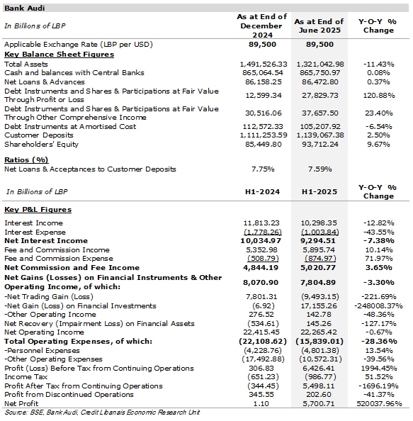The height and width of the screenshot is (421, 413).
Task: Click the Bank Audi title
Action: coord(24,8)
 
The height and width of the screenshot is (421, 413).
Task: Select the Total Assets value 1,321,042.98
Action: coord(320,64)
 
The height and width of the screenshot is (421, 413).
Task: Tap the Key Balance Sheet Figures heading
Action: coord(59,55)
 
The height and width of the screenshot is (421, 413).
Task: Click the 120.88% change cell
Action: coord(379,95)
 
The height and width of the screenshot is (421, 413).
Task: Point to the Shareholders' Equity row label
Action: coord(41,145)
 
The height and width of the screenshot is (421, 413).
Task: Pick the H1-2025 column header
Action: coord(319,191)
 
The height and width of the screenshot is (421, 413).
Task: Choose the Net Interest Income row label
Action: coord(46,240)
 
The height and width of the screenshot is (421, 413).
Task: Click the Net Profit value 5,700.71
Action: coord(319,403)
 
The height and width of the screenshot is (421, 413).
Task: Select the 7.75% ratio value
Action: coord(263,169)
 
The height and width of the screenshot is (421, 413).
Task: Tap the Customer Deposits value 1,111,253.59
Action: coord(264,135)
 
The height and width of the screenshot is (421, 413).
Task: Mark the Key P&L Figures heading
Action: coord(38,209)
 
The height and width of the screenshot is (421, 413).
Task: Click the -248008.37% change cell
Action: coord(378,305)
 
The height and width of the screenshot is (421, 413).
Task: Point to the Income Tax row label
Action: coord(26,377)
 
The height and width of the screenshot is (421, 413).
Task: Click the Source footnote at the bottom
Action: coord(102,412)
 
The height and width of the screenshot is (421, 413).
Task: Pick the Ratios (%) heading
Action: coord(26,160)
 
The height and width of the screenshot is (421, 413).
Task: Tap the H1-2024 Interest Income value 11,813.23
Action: coord(261,223)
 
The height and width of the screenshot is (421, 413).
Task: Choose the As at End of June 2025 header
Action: coord(319,26)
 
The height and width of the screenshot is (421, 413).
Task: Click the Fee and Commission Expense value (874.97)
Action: coord(320,259)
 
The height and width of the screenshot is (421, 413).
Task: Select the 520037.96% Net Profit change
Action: coord(379,403)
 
